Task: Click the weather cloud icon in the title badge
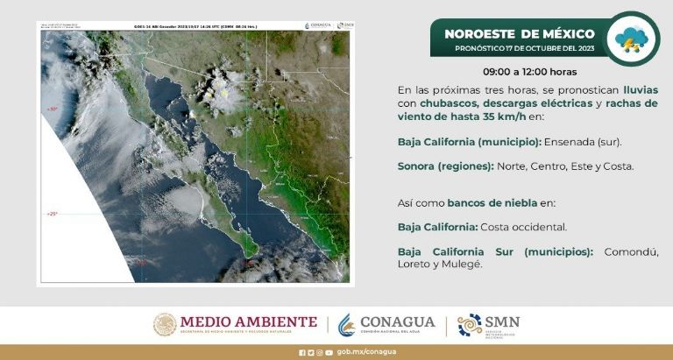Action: [x=632, y=38]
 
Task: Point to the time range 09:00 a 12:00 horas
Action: [x=529, y=72]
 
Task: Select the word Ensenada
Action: [x=570, y=141]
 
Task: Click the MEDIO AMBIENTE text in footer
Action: [x=249, y=321]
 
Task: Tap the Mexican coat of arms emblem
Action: [x=165, y=324]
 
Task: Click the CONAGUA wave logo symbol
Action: [x=348, y=324]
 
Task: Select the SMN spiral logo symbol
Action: [x=470, y=324]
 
